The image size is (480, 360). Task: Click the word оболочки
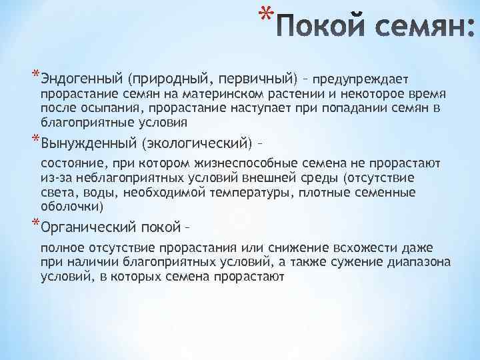click(x=67, y=206)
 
